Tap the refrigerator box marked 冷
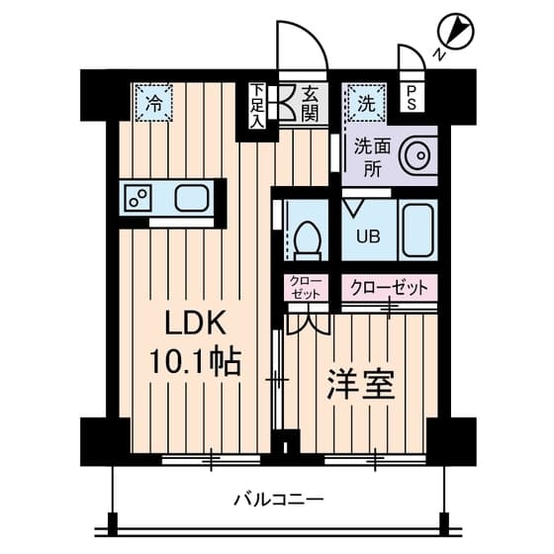pos(153,101)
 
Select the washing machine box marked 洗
pos(362,101)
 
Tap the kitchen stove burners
pos(138,197)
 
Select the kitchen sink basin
pos(192,197)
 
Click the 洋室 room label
pos(361,384)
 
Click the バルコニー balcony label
pos(278,498)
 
